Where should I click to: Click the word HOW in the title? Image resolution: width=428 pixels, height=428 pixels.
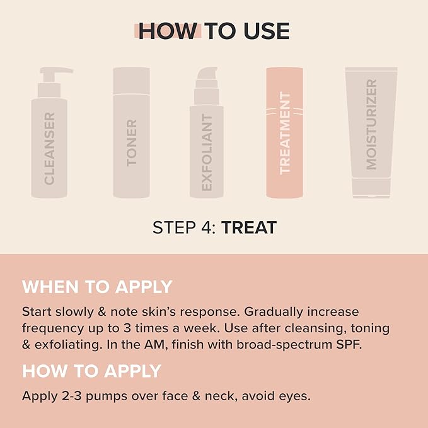tap(168, 31)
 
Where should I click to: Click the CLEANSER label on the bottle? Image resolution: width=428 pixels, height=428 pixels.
tap(49, 149)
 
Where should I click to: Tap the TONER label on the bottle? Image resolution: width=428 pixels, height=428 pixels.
tap(131, 142)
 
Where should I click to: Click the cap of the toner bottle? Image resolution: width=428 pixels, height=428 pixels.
tap(131, 81)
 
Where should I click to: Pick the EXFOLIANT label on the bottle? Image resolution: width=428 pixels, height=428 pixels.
tap(207, 153)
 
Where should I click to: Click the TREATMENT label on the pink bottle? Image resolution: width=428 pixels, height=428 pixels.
tap(285, 133)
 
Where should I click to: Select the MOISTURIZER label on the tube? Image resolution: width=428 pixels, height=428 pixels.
tap(371, 124)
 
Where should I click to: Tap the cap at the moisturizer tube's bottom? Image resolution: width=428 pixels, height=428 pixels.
tap(371, 188)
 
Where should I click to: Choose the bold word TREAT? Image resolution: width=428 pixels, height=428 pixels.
tap(249, 228)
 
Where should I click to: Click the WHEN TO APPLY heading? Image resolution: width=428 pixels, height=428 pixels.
tap(97, 287)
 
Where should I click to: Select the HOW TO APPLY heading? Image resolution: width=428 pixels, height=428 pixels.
tap(91, 371)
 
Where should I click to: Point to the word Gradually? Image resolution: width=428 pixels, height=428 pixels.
tap(274, 313)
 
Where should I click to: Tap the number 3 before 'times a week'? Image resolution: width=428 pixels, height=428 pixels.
tap(127, 328)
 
